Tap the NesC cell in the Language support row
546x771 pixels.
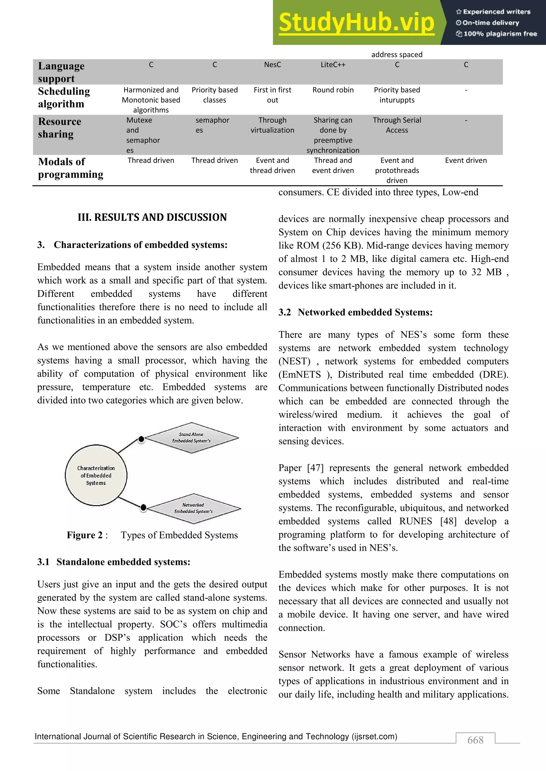point(272,65)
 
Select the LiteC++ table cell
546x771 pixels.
point(333,65)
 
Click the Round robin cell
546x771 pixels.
point(333,90)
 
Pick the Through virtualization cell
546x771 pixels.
point(272,125)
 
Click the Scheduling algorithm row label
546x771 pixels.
point(64,97)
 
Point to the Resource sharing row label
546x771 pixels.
point(59,128)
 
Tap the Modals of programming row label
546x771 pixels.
point(71,168)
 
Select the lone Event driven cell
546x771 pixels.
point(466,161)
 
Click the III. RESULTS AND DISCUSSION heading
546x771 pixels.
point(152,217)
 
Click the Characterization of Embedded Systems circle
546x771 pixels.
point(96,475)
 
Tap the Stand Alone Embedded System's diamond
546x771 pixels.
point(191,438)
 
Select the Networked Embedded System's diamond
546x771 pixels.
point(193,508)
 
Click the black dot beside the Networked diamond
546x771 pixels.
point(143,507)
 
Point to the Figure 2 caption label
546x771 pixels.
point(85,535)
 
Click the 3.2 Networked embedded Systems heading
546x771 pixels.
point(355,312)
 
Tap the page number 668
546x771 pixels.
point(475,740)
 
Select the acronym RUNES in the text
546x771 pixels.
point(416,521)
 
